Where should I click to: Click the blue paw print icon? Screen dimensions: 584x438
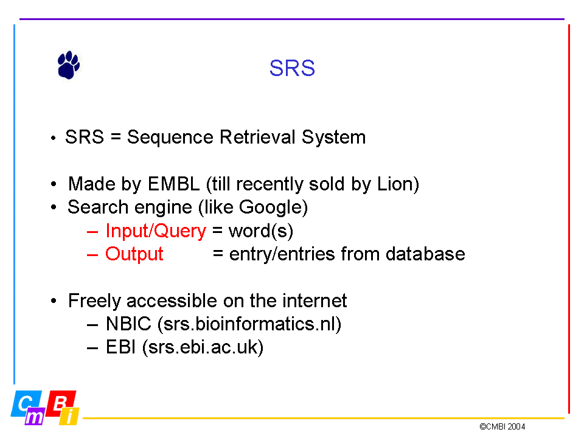[x=69, y=65]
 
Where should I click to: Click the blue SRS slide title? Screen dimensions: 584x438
[x=292, y=68]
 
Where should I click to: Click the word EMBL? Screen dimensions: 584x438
[x=173, y=184]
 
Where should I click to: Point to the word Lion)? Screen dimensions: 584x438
[x=398, y=184]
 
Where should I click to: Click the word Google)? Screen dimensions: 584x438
[x=273, y=207]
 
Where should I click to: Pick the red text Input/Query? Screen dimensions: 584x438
[x=156, y=231]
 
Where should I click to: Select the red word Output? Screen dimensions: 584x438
[x=134, y=254]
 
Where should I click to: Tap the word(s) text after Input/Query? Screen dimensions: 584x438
[x=261, y=231]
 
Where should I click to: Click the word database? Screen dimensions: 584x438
[x=425, y=254]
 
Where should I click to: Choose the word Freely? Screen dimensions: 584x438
[x=95, y=301]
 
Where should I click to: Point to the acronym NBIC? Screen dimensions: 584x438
[x=128, y=324]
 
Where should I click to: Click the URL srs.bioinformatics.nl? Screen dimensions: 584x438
[x=249, y=324]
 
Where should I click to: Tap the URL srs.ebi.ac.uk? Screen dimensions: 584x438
[x=203, y=347]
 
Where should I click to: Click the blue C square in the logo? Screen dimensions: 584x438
[x=26, y=403]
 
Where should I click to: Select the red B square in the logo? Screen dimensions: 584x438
[x=61, y=403]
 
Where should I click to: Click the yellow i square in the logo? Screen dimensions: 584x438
[x=69, y=416]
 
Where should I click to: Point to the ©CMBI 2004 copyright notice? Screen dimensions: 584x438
[x=502, y=427]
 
